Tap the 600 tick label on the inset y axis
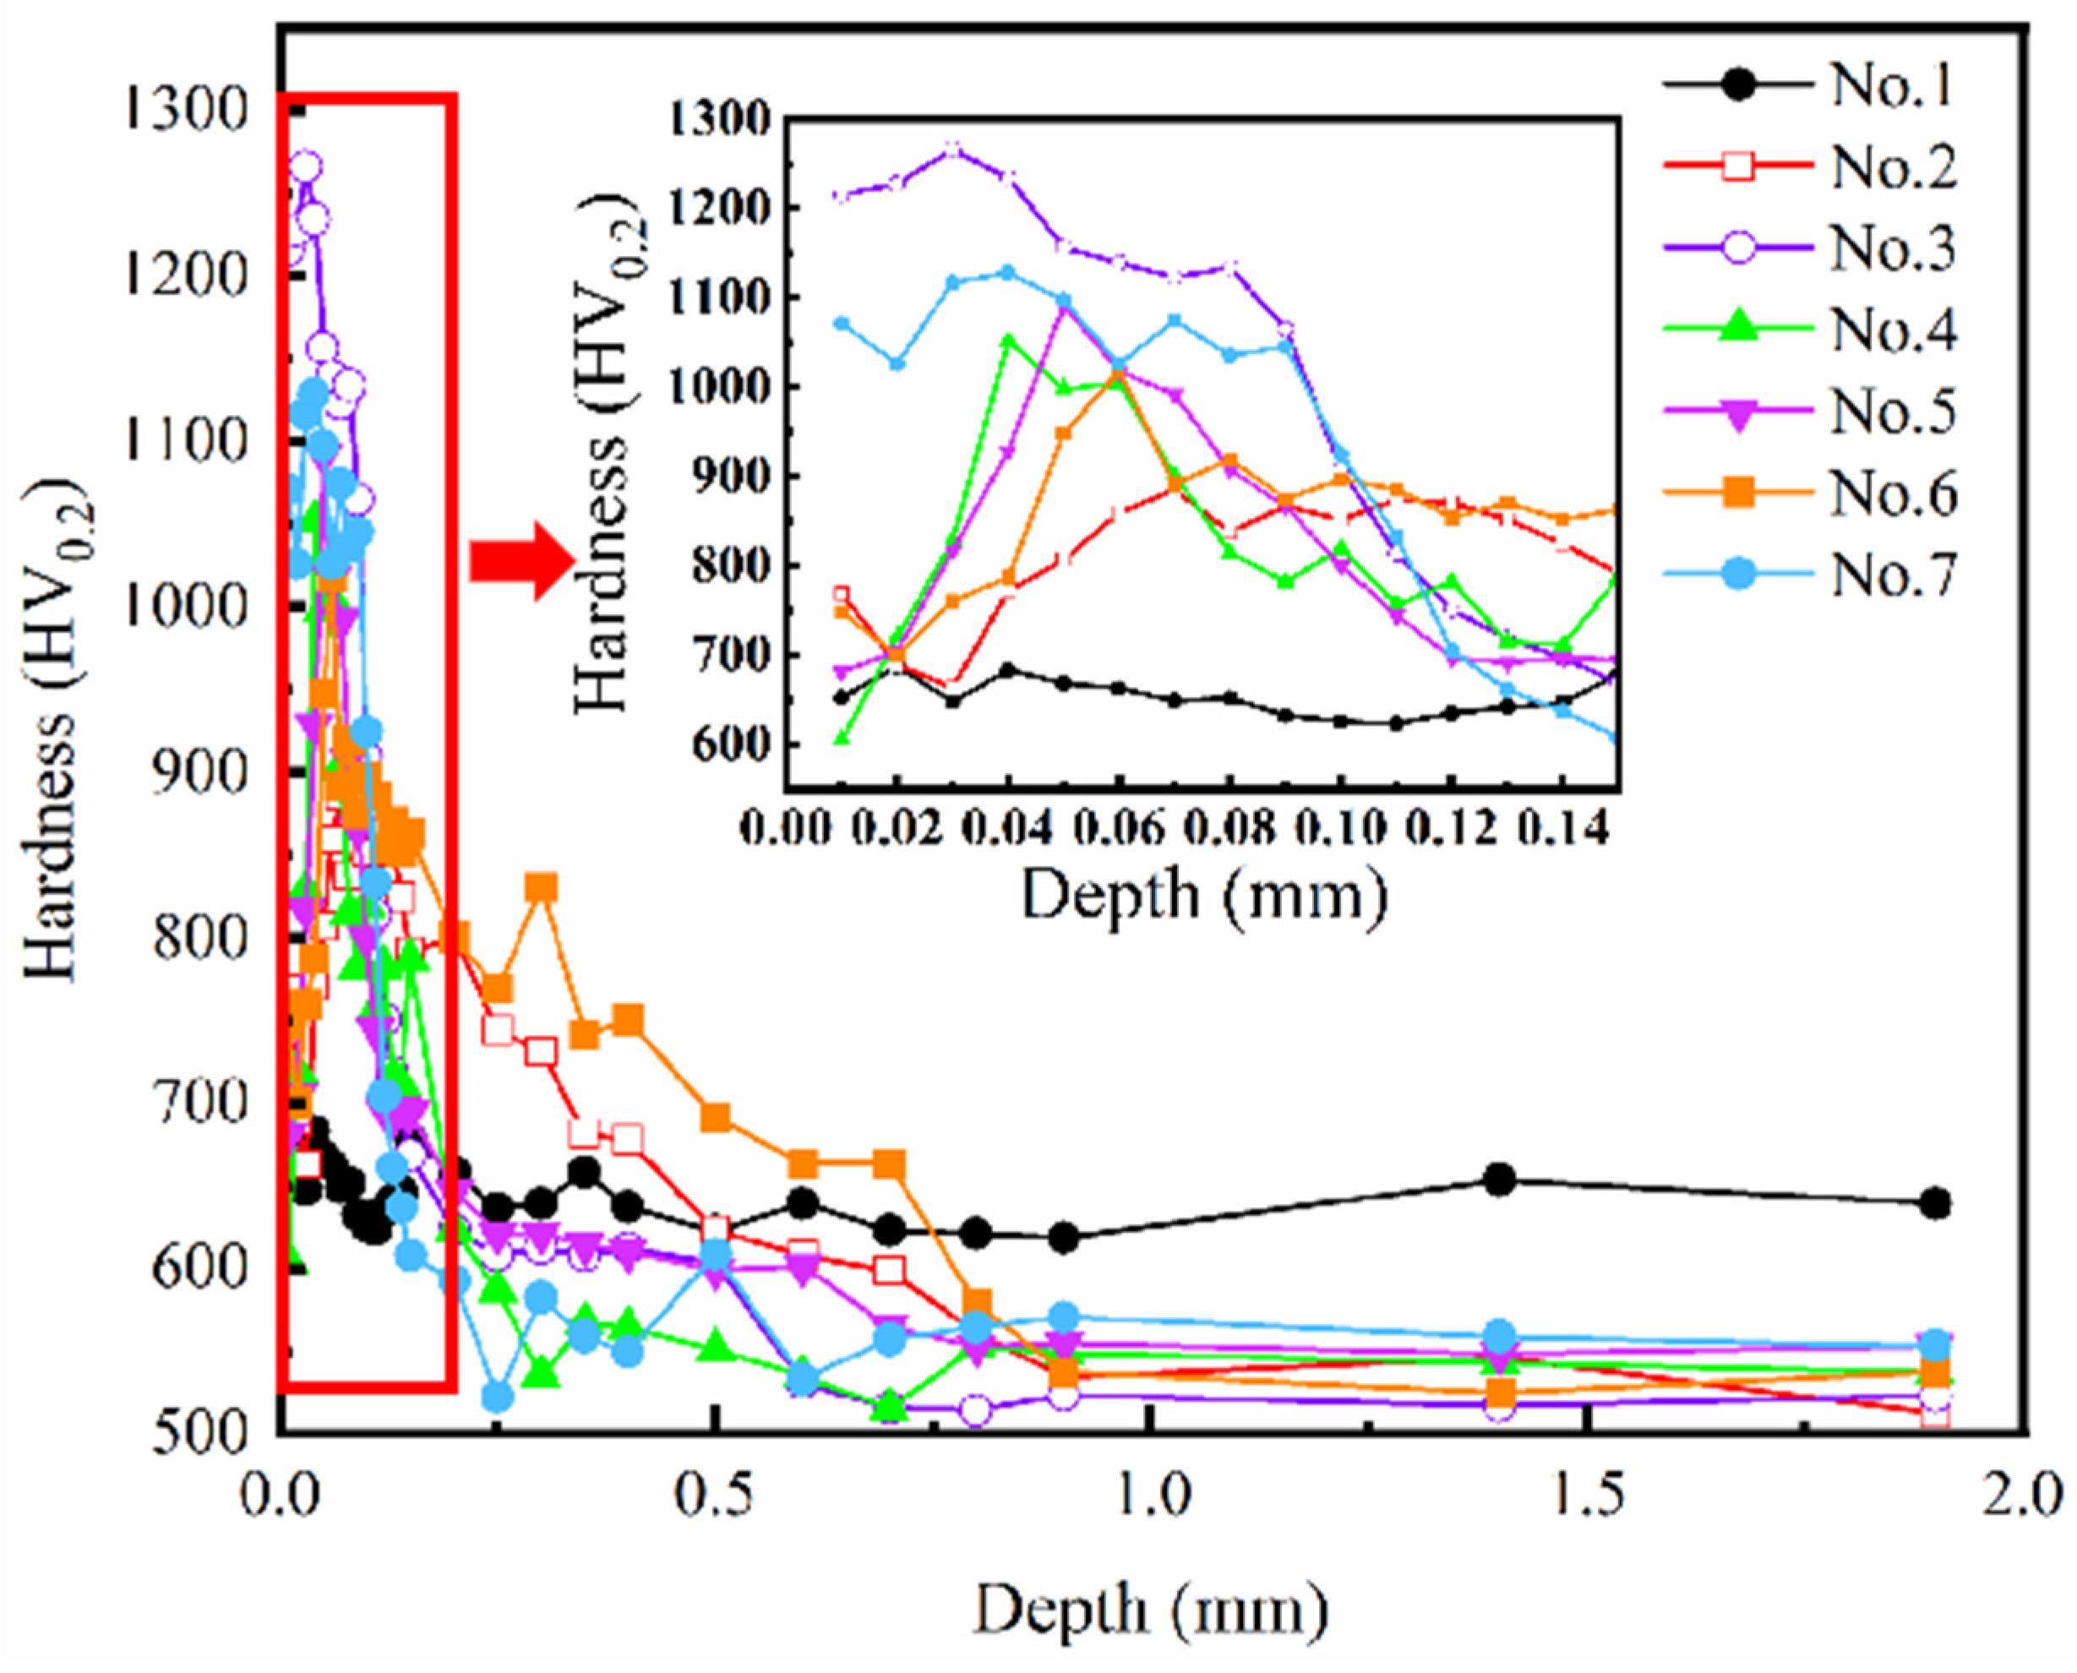click(729, 745)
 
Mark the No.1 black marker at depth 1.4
click(1500, 1180)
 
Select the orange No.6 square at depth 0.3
click(543, 886)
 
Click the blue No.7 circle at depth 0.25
click(498, 1397)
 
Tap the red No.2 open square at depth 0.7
click(891, 1270)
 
